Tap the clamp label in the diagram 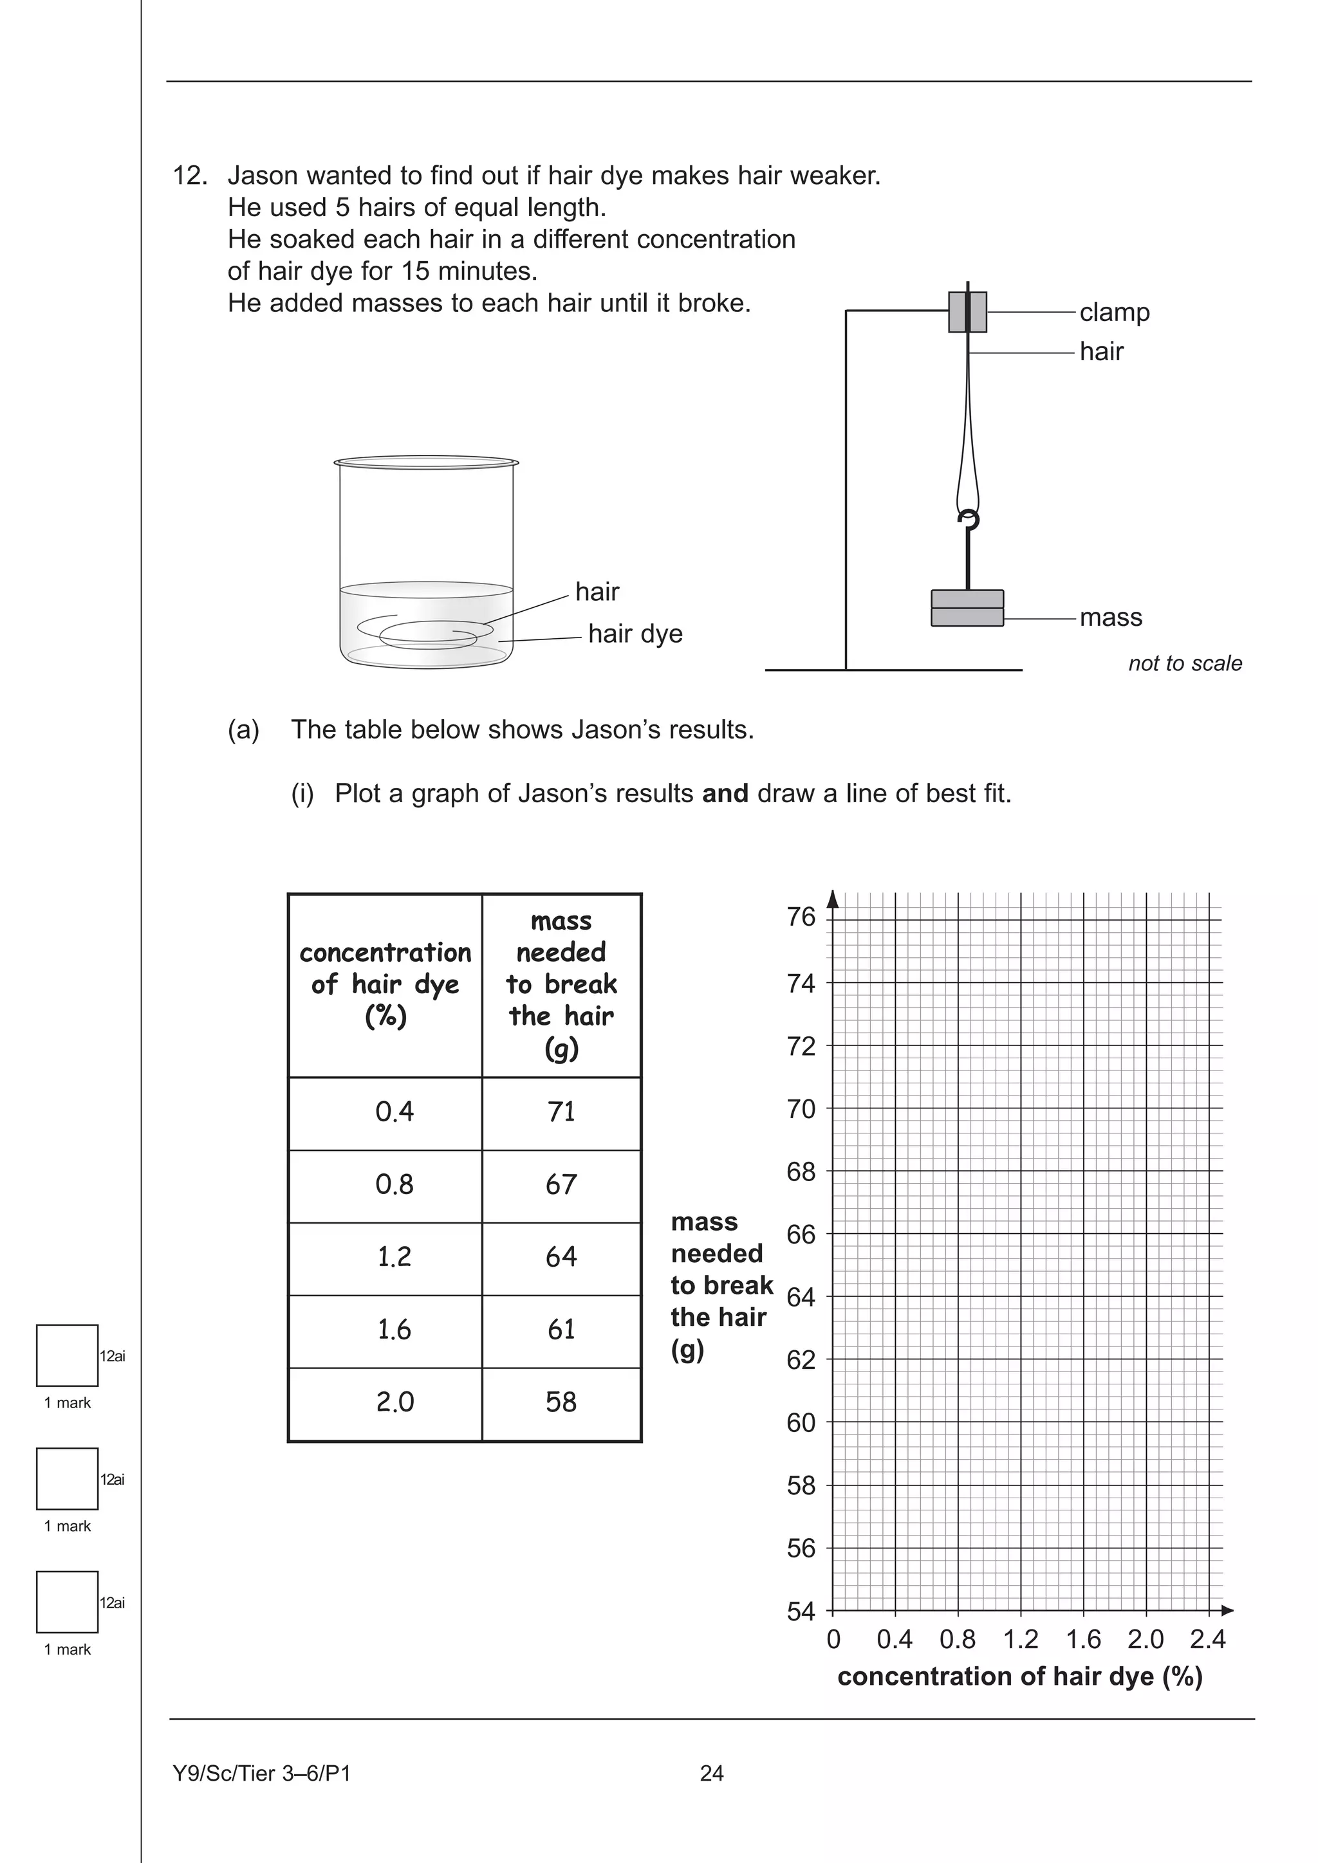(x=1113, y=313)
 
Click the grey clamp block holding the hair (x=967, y=313)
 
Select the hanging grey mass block (x=967, y=608)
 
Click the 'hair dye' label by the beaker (x=635, y=634)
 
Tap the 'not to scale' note (x=1184, y=664)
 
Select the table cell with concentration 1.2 (x=394, y=1257)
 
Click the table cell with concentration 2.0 (x=394, y=1402)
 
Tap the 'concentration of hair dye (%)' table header (x=385, y=984)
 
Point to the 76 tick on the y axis (x=801, y=918)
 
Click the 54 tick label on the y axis (x=801, y=1611)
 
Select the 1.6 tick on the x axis (x=1084, y=1640)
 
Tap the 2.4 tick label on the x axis (x=1207, y=1640)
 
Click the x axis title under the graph (x=1019, y=1676)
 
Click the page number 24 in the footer (x=711, y=1774)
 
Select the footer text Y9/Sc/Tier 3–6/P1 (x=261, y=1774)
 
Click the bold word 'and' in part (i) (x=725, y=794)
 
